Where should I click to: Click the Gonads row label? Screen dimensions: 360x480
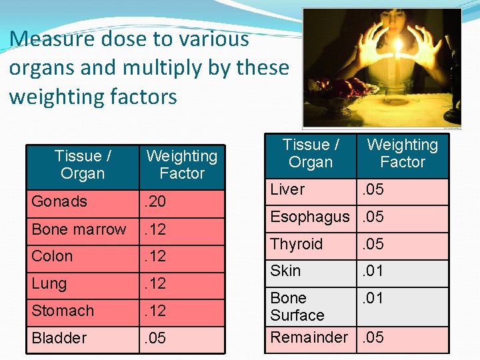(59, 201)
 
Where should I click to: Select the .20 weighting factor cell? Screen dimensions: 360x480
(155, 201)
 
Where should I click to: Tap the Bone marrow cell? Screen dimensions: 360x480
(79, 229)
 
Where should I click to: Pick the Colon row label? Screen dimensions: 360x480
(52, 256)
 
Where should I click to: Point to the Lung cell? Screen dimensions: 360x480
(49, 283)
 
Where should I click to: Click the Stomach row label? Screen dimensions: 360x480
(63, 311)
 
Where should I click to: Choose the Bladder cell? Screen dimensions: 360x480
(59, 338)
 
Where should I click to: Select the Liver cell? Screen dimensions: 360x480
(287, 189)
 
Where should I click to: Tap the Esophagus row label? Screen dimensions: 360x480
(309, 217)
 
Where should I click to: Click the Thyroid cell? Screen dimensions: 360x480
(296, 244)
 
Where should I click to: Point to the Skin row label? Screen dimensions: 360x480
(285, 271)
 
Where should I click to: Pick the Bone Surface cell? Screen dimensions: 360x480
(297, 307)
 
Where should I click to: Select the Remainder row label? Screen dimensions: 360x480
(309, 337)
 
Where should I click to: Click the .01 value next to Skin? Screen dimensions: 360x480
(373, 271)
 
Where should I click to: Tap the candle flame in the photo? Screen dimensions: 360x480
(399, 47)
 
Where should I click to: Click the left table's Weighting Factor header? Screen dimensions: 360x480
(181, 165)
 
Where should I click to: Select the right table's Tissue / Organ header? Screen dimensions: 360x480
(311, 153)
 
